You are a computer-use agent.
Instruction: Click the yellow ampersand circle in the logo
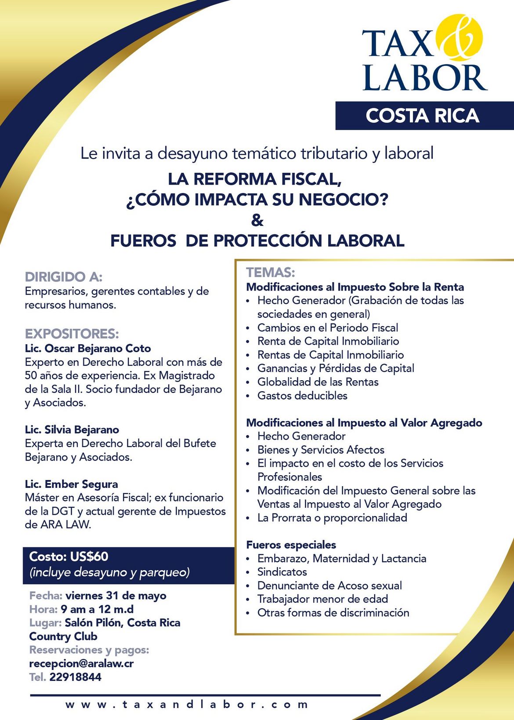point(460,37)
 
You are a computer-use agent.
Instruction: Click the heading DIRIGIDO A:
point(64,277)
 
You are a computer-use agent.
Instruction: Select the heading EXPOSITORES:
point(72,334)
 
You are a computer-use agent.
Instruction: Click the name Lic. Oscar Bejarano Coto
point(88,349)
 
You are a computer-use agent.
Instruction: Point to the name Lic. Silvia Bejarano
point(72,429)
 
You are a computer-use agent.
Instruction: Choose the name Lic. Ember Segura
point(71,484)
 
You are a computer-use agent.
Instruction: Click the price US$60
point(89,556)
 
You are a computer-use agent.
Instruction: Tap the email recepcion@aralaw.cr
point(81,663)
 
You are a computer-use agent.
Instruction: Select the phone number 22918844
point(75,677)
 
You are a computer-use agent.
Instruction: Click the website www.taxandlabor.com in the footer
point(187,705)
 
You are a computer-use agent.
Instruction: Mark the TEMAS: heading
point(271,273)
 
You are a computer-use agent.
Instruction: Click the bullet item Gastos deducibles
point(302,396)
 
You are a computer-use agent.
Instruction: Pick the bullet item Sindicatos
point(282,572)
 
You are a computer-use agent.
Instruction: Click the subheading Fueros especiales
point(291,545)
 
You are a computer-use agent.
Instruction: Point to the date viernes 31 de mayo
point(116,596)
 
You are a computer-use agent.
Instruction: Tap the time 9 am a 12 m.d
point(97,609)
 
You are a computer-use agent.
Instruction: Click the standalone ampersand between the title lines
point(257,220)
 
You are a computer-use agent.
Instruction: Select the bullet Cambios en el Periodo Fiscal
point(328,327)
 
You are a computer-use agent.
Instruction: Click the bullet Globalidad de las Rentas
point(318,382)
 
